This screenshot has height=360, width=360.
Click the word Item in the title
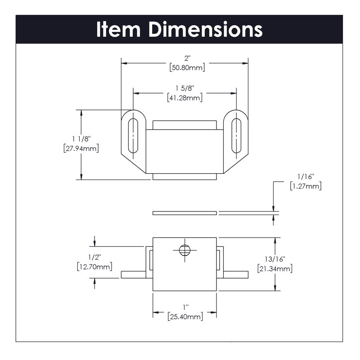[118, 29]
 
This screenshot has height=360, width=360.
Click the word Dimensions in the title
[206, 29]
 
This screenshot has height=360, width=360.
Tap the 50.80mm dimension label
[187, 68]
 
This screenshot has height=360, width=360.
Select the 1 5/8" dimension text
[185, 88]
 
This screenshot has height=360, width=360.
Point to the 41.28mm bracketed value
[185, 98]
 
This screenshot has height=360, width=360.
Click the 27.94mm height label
[81, 148]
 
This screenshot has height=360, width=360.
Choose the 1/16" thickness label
[306, 176]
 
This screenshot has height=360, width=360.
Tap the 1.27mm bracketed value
[306, 186]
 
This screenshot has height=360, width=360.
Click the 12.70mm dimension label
[94, 267]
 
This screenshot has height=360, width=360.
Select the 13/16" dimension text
[275, 259]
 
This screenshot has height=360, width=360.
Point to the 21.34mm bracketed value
[275, 269]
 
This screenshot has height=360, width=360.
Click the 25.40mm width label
[185, 317]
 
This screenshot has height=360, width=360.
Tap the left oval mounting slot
[133, 136]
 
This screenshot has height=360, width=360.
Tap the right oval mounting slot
[236, 136]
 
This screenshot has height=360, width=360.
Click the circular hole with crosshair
[184, 250]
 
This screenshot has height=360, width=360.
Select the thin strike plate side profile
[184, 213]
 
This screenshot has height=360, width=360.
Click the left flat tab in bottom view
[133, 274]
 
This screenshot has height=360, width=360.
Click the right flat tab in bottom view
[236, 274]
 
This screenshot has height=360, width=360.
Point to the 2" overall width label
[187, 58]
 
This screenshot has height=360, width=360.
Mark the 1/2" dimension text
[94, 257]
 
